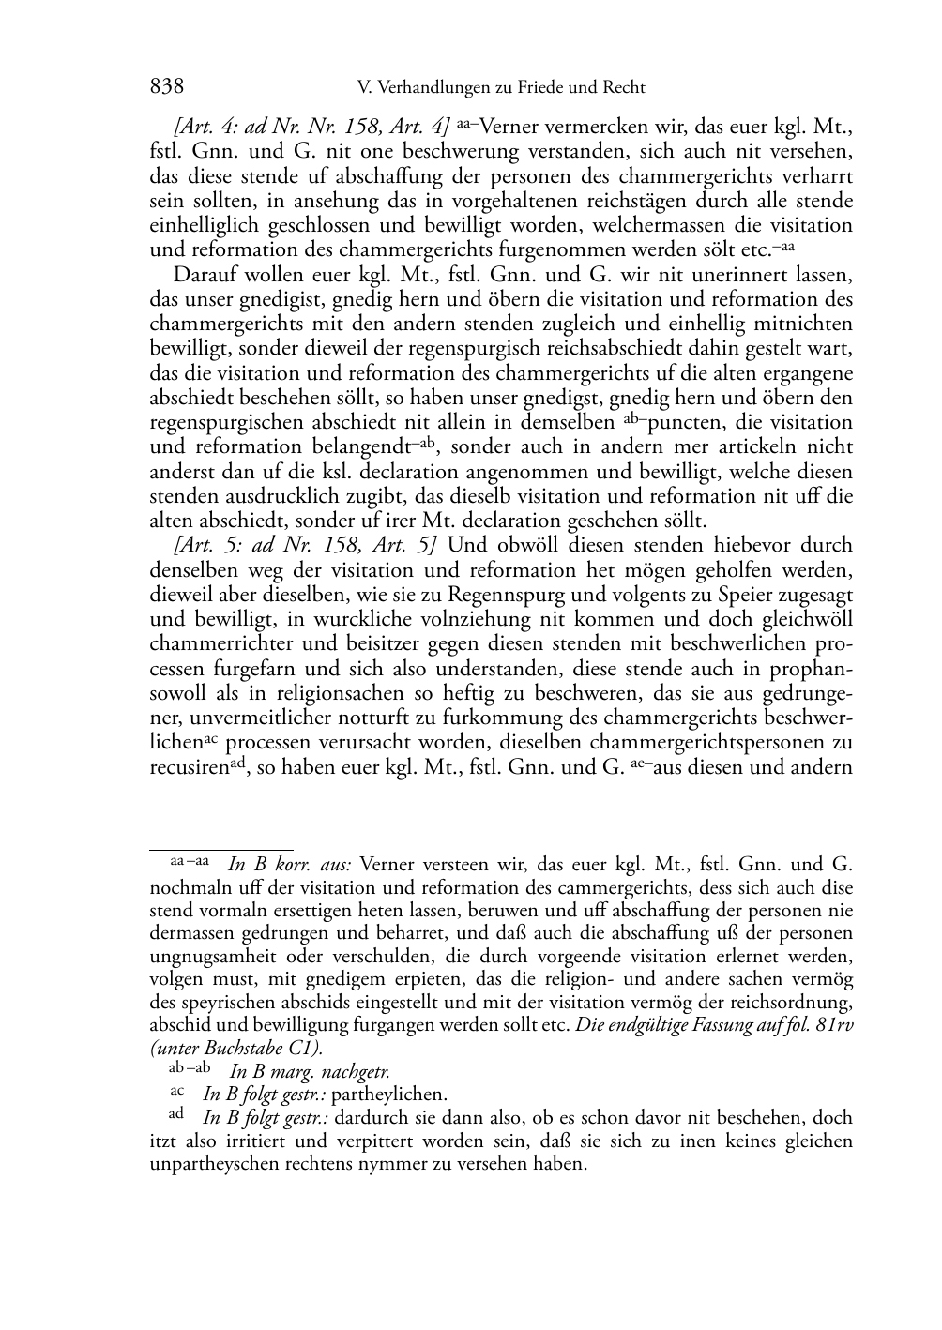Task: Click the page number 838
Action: click(x=166, y=87)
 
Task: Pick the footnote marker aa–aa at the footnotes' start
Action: click(x=190, y=860)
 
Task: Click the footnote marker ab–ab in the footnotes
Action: click(x=190, y=1068)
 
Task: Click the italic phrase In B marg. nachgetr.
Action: click(x=310, y=1070)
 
